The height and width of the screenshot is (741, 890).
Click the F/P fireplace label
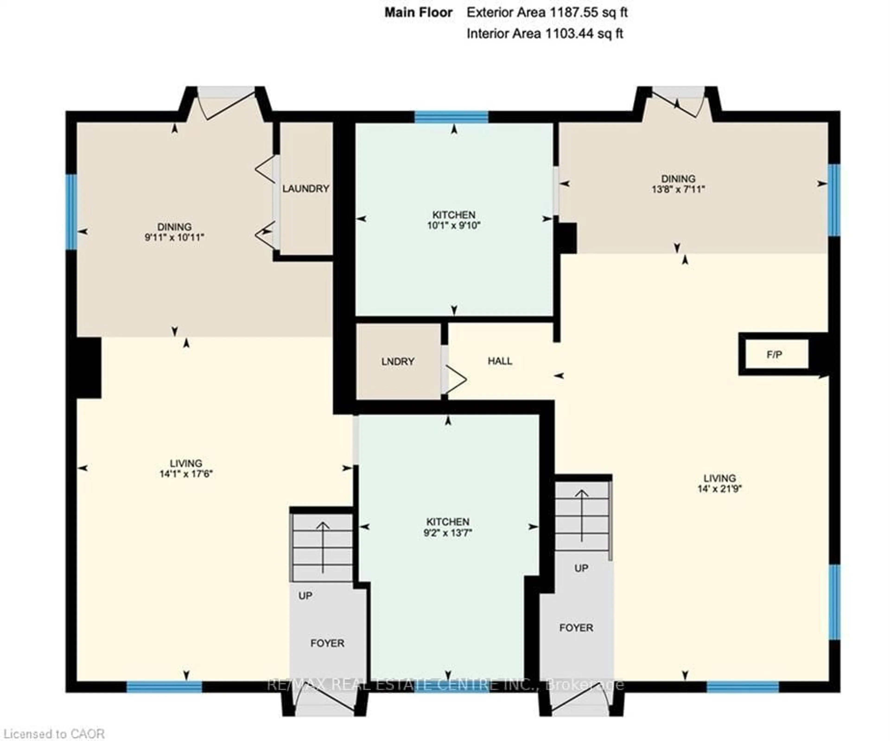point(774,355)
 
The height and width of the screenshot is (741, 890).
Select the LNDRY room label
point(397,361)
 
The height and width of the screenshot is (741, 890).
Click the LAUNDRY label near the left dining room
point(305,189)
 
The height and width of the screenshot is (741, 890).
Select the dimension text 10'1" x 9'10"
point(454,225)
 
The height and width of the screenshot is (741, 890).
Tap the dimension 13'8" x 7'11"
point(678,189)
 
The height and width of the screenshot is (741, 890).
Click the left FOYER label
point(327,643)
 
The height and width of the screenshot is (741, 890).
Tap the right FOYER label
point(576,627)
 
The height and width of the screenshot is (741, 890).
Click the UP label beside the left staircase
point(305,596)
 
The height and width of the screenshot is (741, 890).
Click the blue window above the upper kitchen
point(451,117)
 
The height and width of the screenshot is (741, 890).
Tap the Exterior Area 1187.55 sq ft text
point(547,12)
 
